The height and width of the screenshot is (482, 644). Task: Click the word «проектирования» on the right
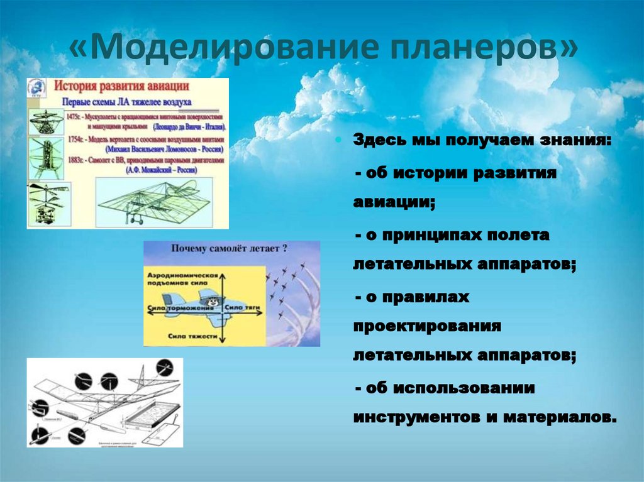point(426,327)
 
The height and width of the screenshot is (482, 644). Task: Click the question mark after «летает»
point(286,249)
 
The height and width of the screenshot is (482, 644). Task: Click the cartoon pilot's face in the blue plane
point(213,303)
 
